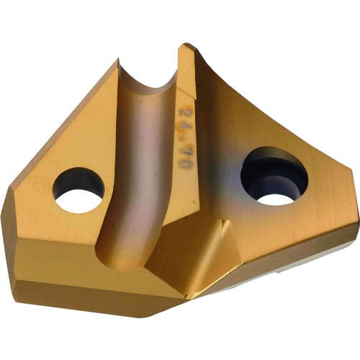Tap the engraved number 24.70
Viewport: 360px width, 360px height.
coord(189,127)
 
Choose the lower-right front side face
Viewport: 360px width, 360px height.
coord(288,252)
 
